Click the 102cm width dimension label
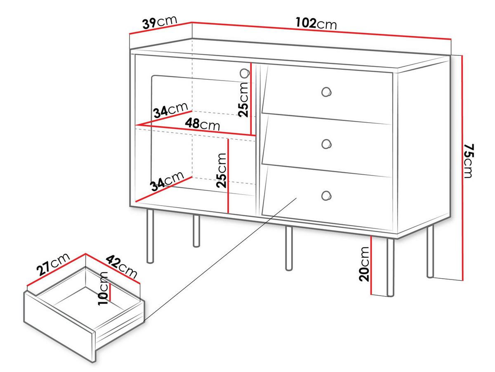point(316,23)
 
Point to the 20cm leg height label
point(364,264)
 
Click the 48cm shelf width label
point(202,124)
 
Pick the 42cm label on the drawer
point(122,267)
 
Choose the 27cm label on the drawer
point(54,264)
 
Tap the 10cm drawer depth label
point(103,289)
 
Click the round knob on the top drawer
point(326,92)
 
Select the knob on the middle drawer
point(326,144)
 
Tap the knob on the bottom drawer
point(326,195)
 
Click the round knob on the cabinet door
point(245,73)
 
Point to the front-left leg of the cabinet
point(150,236)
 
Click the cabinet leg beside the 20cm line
point(390,267)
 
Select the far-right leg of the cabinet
point(430,251)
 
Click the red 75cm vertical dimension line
point(462,168)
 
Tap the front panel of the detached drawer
point(59,327)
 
